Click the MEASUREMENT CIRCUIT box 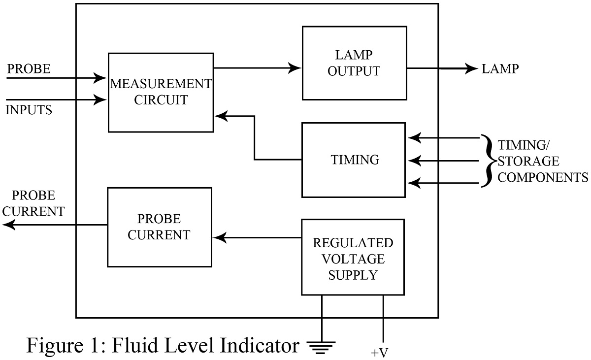(x=161, y=92)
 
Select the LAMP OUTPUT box (x=354, y=63)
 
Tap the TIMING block (x=353, y=160)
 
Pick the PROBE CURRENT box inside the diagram (x=159, y=227)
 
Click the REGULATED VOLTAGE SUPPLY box (x=353, y=258)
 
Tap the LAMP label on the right (x=500, y=69)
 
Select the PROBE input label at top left (x=29, y=69)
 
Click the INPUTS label (x=29, y=110)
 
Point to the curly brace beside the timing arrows (x=488, y=161)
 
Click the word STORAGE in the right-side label (x=528, y=161)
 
